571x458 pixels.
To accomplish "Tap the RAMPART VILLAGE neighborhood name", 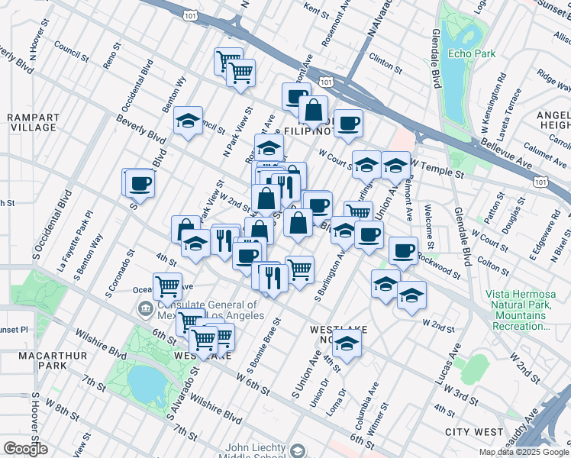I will click(32, 123).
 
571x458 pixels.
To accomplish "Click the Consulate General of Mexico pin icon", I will click(144, 309).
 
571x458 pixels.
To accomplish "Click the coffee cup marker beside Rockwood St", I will click(402, 250).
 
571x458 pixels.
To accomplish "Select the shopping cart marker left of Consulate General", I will click(167, 287).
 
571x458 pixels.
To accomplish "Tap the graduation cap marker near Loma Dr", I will click(347, 344).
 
